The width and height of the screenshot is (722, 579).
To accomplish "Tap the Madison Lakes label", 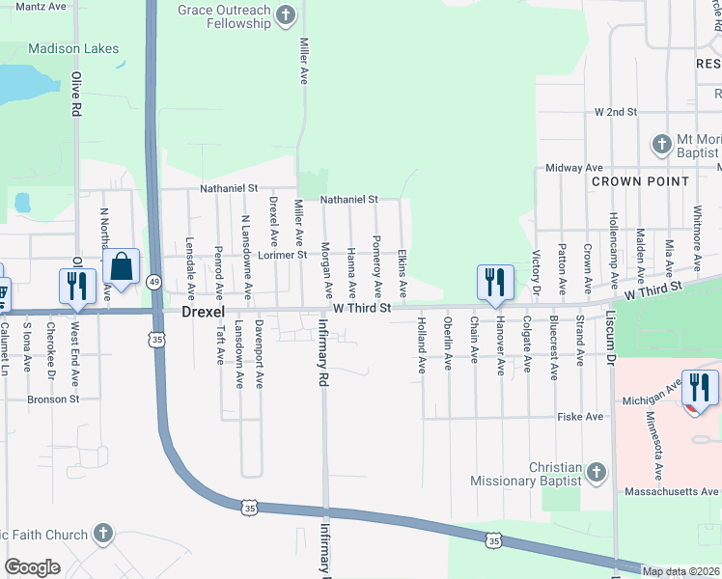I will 73,48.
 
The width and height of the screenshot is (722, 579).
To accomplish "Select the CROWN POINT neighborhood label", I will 640,181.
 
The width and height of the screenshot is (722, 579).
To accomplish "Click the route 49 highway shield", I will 154,281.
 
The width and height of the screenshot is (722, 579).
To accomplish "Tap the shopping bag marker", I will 122,267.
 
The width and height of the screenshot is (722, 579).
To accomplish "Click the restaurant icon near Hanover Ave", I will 494,282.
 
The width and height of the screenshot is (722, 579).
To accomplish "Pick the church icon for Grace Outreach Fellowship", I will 286,14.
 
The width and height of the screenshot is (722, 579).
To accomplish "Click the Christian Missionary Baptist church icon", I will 597,473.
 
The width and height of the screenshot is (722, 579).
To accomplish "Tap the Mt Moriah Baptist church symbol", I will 661,145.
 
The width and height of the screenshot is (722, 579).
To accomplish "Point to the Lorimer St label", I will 282,255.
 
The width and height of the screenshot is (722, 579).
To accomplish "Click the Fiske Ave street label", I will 580,417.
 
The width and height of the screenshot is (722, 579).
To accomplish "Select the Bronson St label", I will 54,399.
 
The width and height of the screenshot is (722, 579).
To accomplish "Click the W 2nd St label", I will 617,112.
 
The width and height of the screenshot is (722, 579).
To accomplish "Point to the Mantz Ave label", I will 41,6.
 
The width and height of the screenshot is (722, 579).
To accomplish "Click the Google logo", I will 32,567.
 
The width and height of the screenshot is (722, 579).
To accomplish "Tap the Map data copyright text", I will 681,571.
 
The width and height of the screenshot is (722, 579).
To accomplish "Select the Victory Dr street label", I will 537,273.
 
